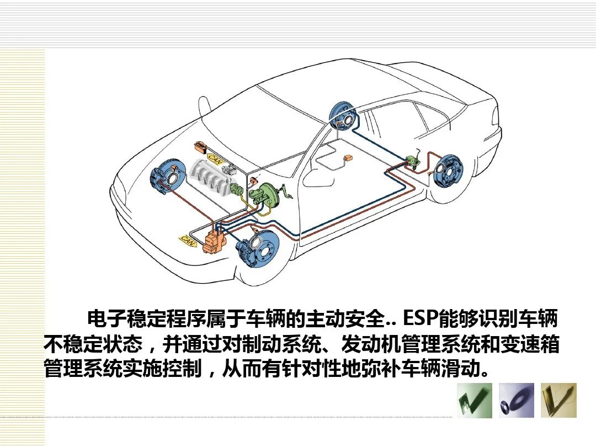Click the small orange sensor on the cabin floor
[348, 158]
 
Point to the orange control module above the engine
[200, 148]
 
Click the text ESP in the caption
[420, 318]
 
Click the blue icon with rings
[517, 400]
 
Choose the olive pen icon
[558, 400]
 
